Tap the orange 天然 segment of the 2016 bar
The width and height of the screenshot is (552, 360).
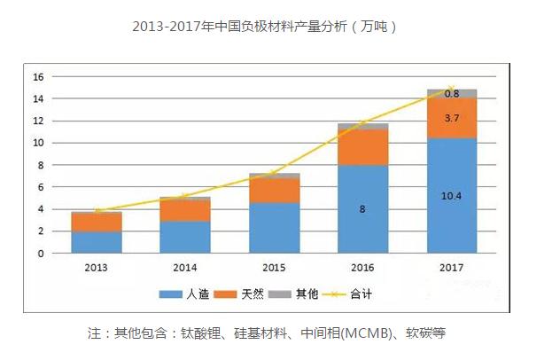(362, 147)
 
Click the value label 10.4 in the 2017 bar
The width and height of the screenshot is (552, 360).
(451, 195)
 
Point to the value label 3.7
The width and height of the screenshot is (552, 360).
(451, 117)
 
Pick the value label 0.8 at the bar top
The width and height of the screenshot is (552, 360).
(451, 93)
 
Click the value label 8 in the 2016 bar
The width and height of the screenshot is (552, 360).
(362, 209)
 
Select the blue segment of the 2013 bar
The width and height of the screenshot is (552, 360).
(97, 242)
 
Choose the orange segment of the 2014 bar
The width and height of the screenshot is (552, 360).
(185, 211)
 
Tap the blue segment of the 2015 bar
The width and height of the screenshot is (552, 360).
(274, 228)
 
